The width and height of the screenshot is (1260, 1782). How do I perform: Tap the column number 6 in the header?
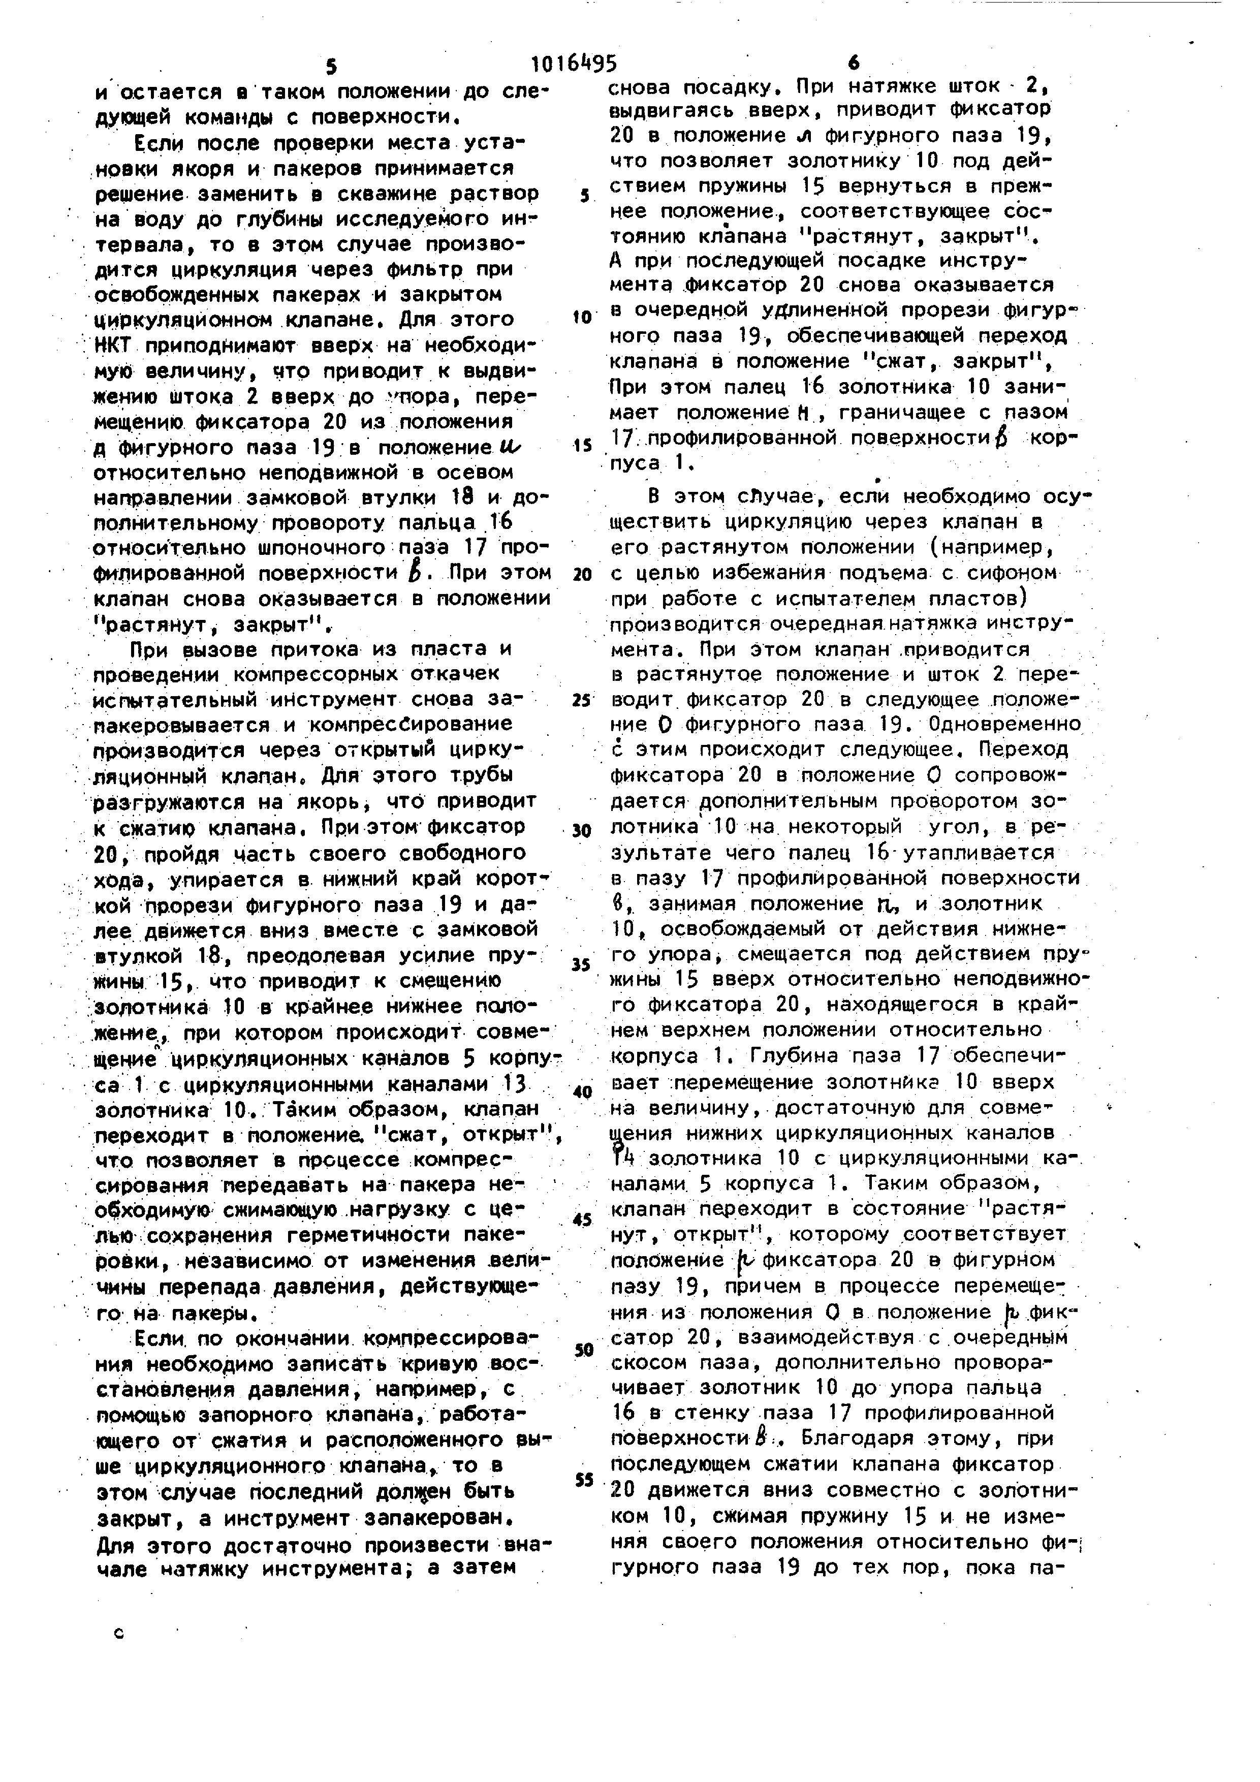point(854,64)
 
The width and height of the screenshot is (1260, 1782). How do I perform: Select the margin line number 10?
point(582,318)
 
